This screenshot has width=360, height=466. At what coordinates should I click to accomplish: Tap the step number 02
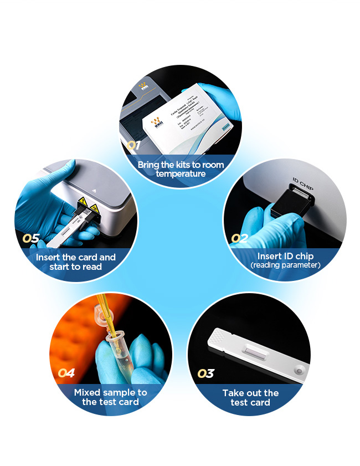(239, 239)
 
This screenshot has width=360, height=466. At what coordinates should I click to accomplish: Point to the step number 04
(66, 373)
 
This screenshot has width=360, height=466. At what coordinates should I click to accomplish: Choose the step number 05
(31, 239)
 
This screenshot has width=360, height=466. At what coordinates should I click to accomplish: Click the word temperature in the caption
(181, 174)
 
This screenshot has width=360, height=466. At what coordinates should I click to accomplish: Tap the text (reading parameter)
(285, 265)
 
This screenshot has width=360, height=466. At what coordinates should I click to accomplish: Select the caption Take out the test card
(250, 397)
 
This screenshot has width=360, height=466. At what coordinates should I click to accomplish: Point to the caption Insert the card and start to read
(76, 262)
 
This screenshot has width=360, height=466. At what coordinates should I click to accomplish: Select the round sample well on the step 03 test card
(299, 371)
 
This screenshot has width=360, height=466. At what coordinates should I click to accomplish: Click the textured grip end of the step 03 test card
(219, 336)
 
